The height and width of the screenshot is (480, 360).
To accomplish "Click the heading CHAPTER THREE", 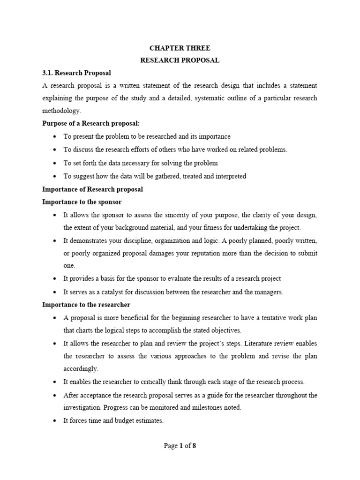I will coord(180,48).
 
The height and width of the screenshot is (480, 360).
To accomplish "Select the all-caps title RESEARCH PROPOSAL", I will coord(180,60).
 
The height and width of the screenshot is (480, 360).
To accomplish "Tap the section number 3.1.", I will coord(49,73).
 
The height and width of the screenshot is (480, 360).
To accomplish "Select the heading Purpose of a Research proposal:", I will coord(91,124).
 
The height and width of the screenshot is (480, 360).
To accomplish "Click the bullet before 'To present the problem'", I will coord(55,137).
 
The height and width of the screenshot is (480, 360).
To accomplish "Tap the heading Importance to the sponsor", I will coord(82,202).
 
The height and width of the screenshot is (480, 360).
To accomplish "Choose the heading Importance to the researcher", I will coord(86,305).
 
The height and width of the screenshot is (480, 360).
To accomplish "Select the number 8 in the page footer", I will coord(194,446).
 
